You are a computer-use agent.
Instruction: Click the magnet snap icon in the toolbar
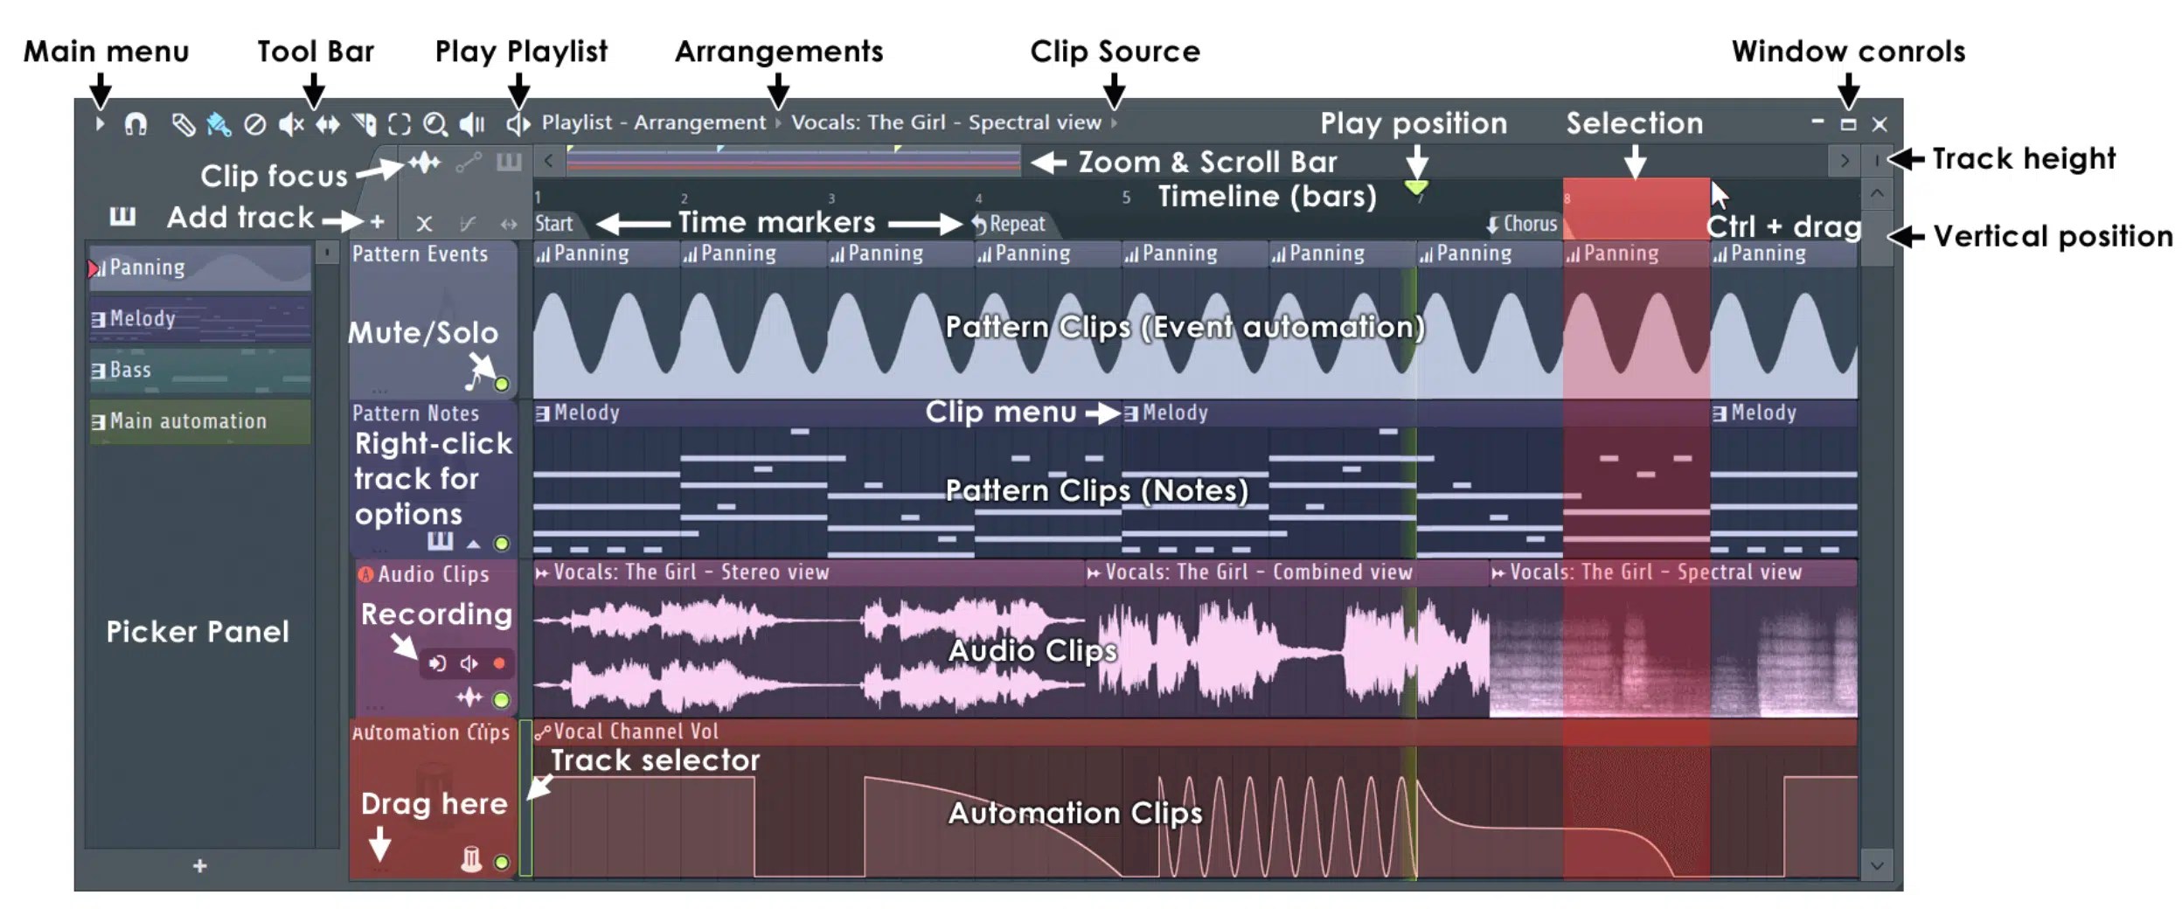pos(136,125)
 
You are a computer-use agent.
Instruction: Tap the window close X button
pos(1880,125)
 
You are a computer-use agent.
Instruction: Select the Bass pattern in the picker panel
pos(199,371)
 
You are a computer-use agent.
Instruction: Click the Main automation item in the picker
pos(199,421)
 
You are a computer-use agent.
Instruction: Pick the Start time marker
pos(554,224)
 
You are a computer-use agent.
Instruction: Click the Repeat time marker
pos(1011,224)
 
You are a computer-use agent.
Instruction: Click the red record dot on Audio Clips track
pos(499,663)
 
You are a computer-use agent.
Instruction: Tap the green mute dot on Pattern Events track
pos(502,384)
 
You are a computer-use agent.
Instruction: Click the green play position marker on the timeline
pos(1415,187)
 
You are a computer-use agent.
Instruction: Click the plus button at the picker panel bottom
pos(200,865)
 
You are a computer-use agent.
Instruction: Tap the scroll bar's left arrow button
pos(548,161)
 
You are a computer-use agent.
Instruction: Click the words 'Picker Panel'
pos(198,631)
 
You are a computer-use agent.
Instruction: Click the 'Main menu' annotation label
pos(106,51)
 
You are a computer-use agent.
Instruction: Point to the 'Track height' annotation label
pos(2023,159)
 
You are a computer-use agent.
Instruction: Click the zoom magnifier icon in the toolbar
pos(434,125)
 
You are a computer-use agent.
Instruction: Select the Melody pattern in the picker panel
pos(199,319)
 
